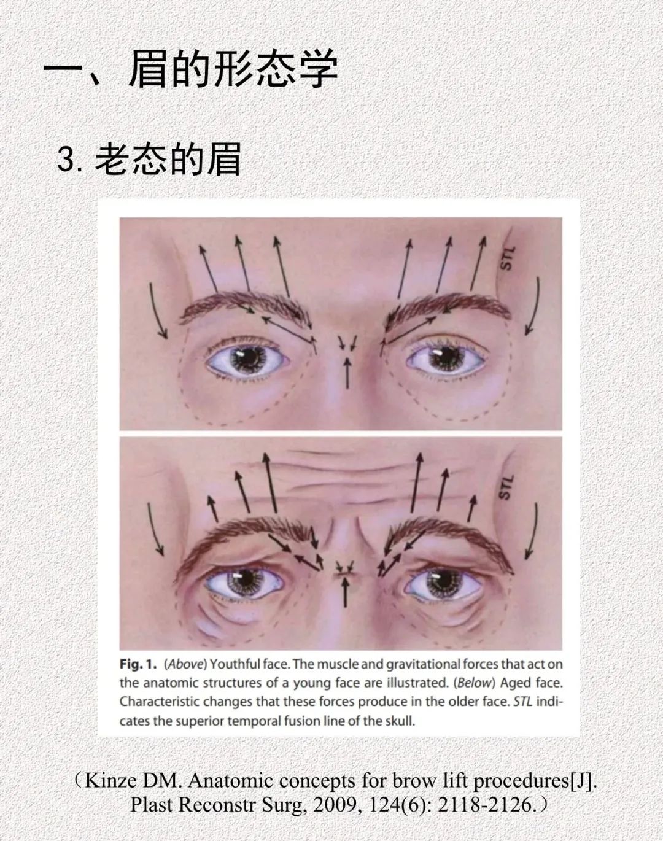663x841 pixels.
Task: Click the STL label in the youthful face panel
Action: (x=506, y=258)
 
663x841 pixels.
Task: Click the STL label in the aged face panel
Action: (x=505, y=487)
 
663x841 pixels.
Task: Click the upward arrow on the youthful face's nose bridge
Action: (x=347, y=373)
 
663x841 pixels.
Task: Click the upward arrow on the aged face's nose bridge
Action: (x=345, y=592)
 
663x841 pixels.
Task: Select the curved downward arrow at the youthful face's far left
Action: (x=157, y=311)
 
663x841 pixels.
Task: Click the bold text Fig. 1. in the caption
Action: (x=138, y=664)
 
